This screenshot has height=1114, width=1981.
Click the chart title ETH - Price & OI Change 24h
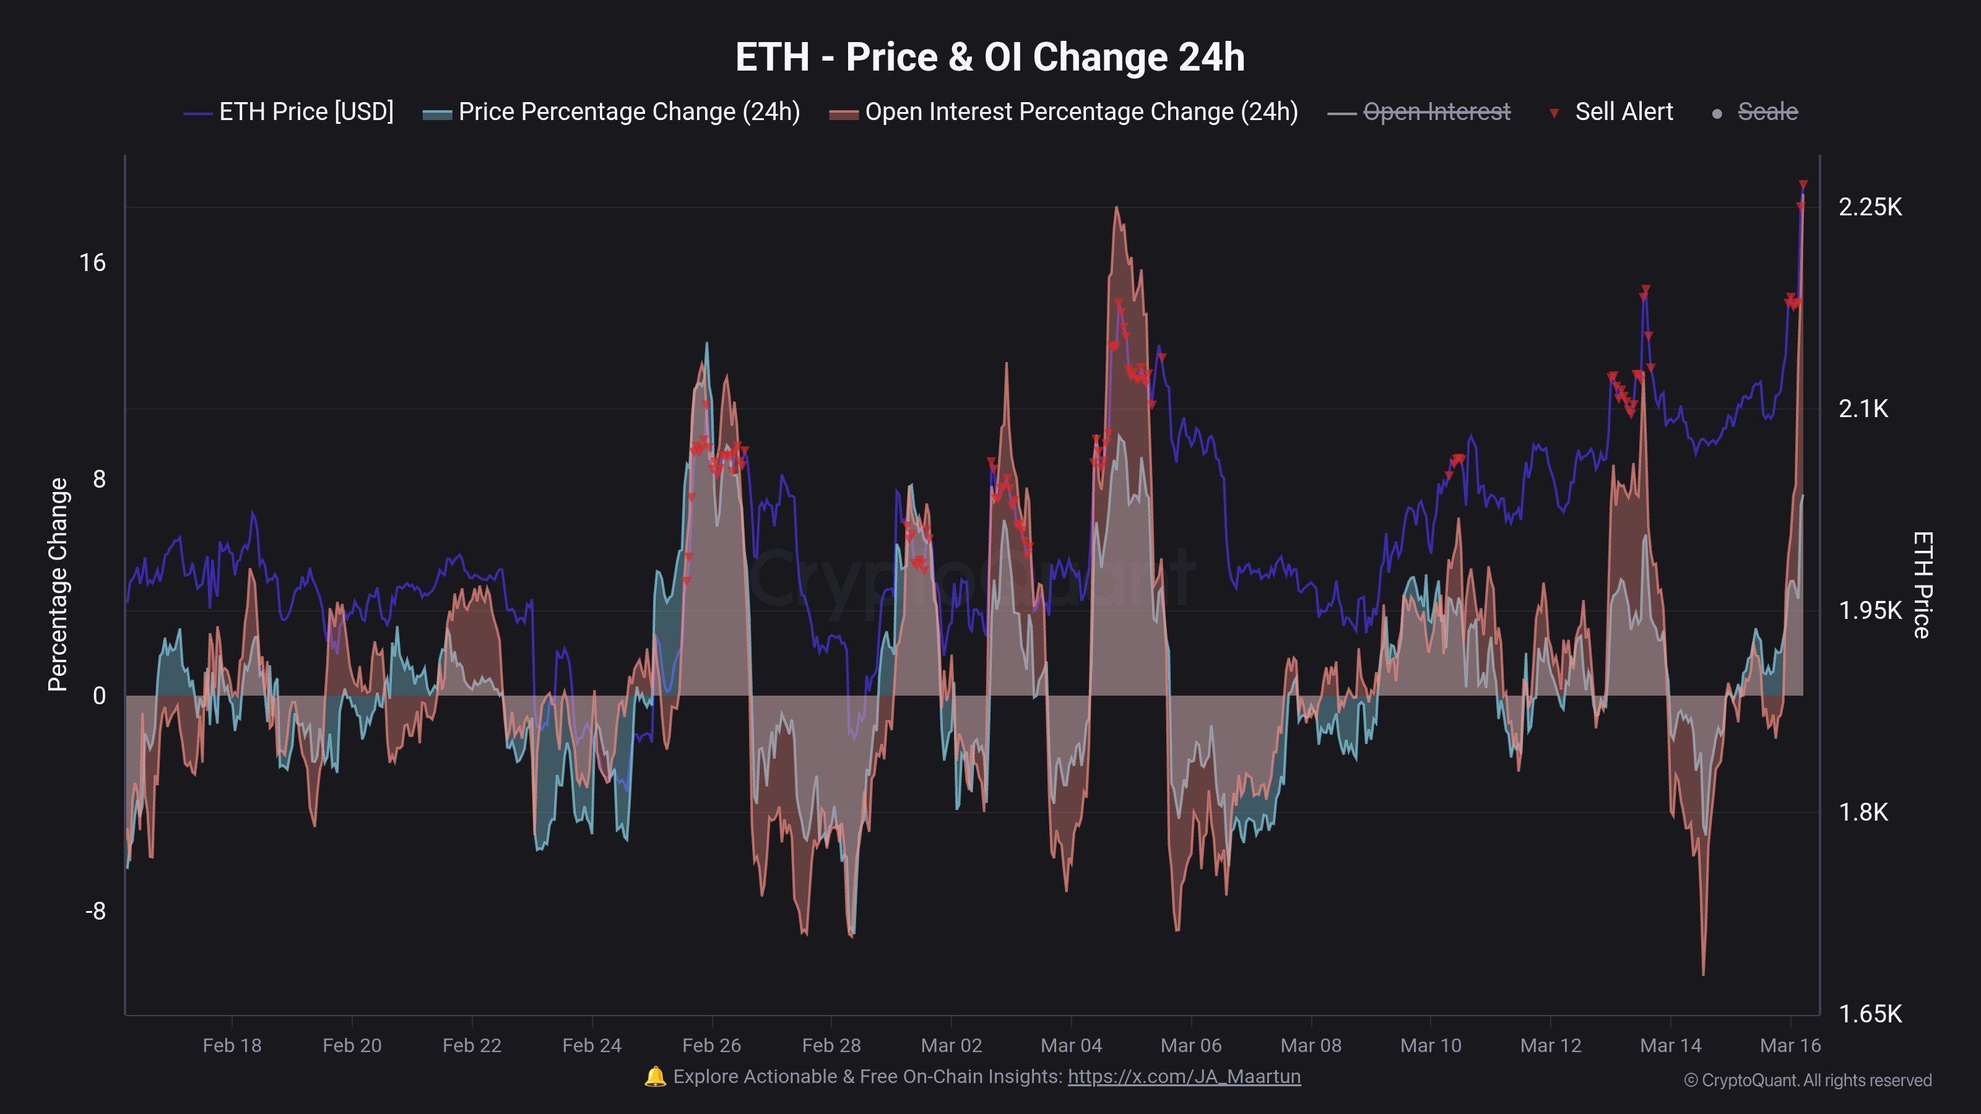click(990, 58)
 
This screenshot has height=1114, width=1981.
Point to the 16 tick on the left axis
click(92, 263)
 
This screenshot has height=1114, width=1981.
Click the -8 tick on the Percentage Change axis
click(95, 912)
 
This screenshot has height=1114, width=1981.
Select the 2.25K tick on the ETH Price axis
click(1870, 207)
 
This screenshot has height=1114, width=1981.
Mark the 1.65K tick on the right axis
click(1870, 1014)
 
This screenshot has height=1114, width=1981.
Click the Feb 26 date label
click(711, 1045)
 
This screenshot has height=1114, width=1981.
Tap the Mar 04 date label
click(1070, 1045)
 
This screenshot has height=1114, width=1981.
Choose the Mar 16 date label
click(1790, 1045)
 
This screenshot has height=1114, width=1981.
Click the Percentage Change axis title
click(58, 584)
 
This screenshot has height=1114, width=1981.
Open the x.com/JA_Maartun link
click(1184, 1076)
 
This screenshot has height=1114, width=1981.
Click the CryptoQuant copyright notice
click(1807, 1080)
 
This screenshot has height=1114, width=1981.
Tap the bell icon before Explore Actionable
click(655, 1076)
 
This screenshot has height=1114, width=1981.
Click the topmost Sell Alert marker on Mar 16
click(1803, 185)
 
